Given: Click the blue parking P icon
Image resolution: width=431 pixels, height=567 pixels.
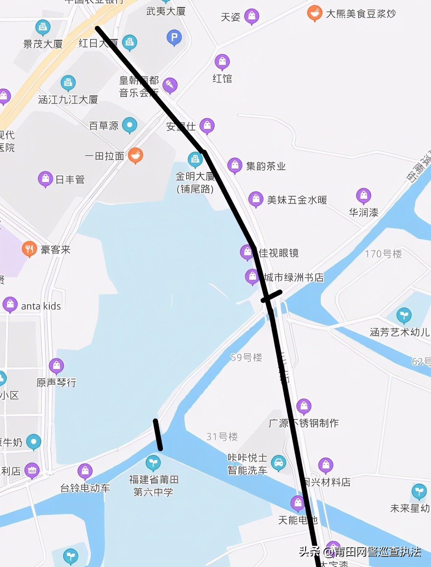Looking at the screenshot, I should click(174, 37).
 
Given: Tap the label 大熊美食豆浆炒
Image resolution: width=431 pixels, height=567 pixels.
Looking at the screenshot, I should click(361, 14).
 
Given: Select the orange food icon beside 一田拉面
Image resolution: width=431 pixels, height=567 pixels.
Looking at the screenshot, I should click(135, 155).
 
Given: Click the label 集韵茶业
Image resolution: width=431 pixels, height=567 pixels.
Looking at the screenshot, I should click(266, 166).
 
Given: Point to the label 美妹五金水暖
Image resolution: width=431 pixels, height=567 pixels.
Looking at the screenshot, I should click(297, 200).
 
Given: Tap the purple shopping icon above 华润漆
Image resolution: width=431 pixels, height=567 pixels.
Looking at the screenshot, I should click(364, 195).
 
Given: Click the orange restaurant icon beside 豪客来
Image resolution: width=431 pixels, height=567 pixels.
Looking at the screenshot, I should click(29, 249).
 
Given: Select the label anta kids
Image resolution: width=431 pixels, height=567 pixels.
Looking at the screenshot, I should click(41, 306).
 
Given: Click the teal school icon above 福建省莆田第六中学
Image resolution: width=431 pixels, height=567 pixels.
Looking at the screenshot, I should click(153, 463).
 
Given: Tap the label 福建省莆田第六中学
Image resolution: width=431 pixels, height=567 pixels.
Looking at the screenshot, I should click(154, 486).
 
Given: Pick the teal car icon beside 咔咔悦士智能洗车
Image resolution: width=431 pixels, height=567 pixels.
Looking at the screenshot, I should click(278, 463).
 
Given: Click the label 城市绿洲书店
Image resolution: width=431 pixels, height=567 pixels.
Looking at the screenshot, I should click(294, 277).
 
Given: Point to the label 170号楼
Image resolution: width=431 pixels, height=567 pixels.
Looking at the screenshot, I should click(383, 254).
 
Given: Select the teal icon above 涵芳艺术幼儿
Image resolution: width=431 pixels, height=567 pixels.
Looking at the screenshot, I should click(404, 315).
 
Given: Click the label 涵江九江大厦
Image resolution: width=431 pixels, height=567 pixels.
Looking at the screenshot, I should click(68, 100).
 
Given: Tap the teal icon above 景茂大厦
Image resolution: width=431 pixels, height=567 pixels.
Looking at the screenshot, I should click(43, 28).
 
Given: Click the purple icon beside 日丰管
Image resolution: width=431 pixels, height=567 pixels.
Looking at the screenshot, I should click(45, 179).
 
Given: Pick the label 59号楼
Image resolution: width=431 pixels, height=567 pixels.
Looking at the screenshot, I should click(246, 358).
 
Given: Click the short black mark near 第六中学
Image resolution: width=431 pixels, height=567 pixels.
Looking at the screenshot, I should click(158, 435).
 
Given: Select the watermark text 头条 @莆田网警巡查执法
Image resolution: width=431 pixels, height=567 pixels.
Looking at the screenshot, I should click(360, 551).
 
